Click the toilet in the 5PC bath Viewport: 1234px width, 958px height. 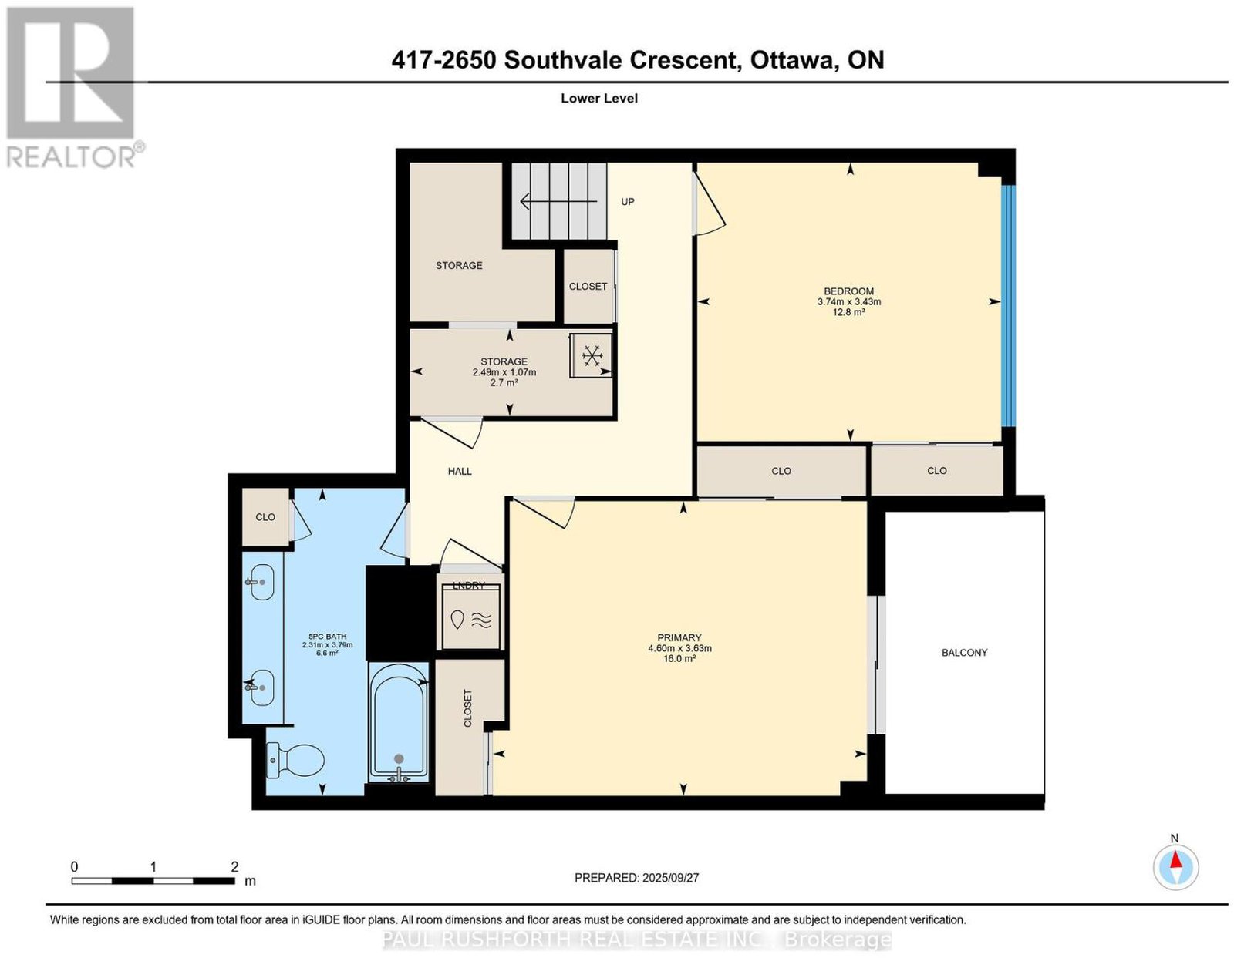coord(295,759)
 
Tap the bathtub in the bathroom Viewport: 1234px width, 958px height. coord(399,723)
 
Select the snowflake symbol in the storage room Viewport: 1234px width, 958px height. coord(592,356)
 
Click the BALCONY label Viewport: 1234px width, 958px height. coord(964,653)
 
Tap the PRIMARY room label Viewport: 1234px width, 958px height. coord(679,637)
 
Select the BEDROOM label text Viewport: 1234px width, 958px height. coord(849,291)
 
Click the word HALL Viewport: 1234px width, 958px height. coord(460,472)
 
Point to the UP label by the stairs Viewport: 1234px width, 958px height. coord(628,202)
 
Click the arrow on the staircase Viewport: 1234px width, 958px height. coord(559,201)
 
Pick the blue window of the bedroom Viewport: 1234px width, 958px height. coord(1007,305)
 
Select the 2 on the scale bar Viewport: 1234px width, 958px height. coord(234,867)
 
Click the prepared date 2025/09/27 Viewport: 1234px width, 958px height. coord(671,877)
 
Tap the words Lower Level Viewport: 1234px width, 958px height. coord(599,98)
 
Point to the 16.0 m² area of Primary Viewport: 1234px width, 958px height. coord(679,658)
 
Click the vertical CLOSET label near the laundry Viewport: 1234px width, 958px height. coord(467,708)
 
